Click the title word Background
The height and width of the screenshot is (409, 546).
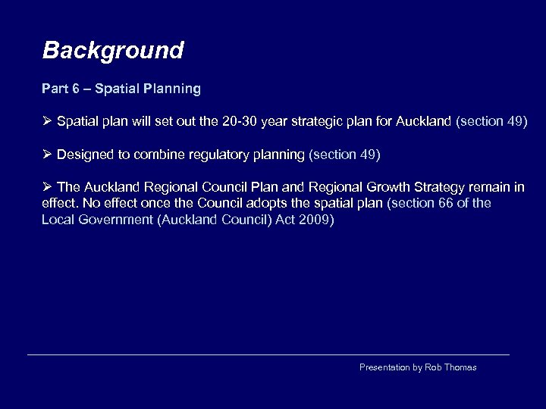click(x=113, y=51)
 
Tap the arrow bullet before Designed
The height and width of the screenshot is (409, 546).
click(x=47, y=155)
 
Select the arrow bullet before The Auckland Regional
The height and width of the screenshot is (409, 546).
click(x=47, y=187)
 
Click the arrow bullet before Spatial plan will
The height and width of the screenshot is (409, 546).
click(x=47, y=121)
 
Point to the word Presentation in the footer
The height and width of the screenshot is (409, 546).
click(x=384, y=367)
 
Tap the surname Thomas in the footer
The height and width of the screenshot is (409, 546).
click(x=461, y=367)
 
